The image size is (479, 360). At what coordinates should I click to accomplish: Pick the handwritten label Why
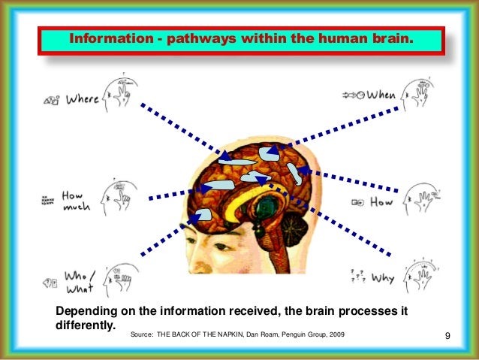pyautogui.click(x=382, y=279)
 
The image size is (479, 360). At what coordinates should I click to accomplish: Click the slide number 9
pyautogui.click(x=447, y=334)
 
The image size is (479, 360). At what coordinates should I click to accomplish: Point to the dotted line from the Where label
pyautogui.click(x=180, y=132)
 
